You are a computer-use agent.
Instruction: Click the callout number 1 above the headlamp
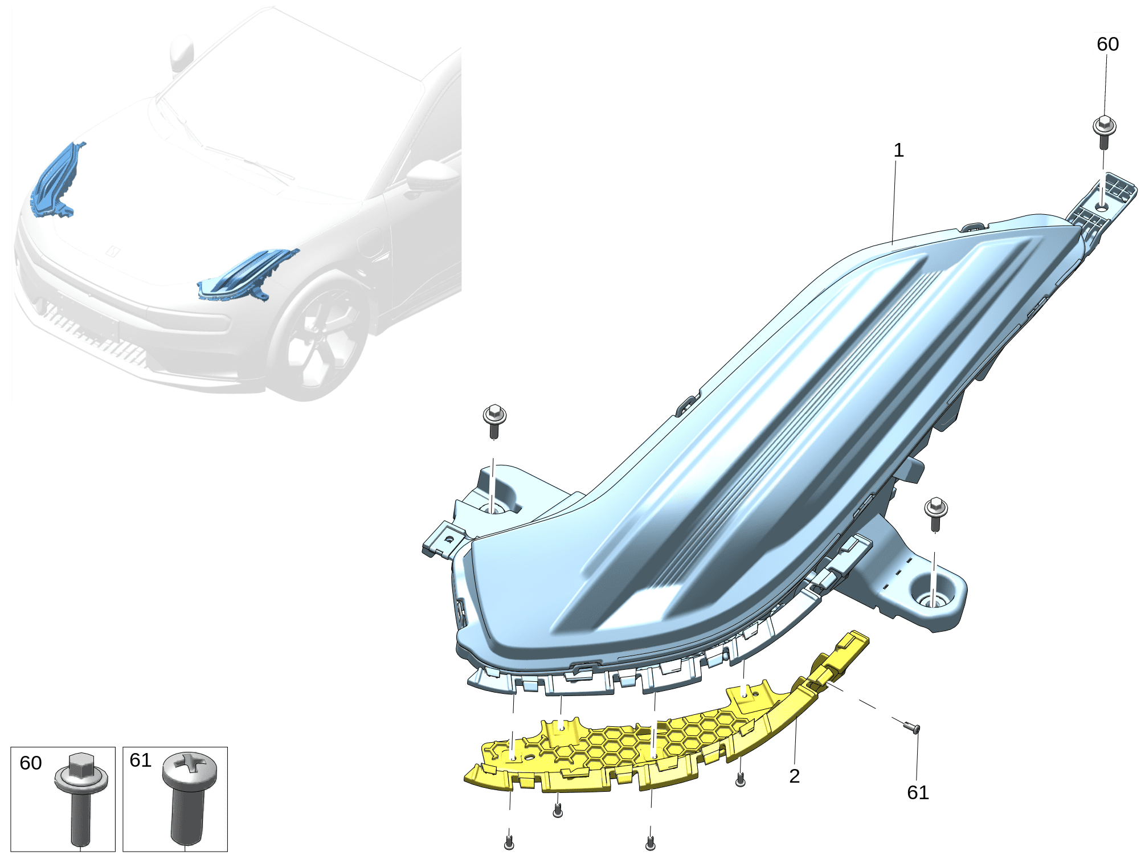pos(898,150)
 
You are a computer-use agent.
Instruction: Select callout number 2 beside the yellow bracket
pos(795,776)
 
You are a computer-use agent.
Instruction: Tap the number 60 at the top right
pos(1107,44)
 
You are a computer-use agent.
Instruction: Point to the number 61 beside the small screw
pos(918,792)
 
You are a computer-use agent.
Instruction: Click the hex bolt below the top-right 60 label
pos(1104,132)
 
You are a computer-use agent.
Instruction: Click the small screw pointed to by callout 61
pos(912,727)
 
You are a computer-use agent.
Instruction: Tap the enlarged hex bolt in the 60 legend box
pos(81,798)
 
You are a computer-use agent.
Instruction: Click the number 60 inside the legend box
pos(31,763)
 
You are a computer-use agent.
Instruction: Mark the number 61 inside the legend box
pos(141,760)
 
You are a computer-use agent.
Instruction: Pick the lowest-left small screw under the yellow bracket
pos(509,842)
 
